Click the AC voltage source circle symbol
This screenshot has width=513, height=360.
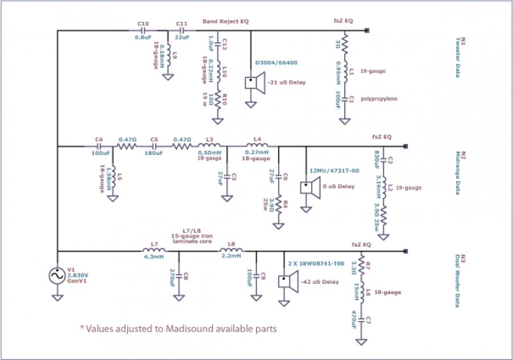(x=57, y=276)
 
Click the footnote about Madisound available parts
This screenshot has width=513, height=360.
(x=178, y=329)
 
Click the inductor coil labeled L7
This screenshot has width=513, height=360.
(x=154, y=251)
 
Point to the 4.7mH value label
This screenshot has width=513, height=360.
(x=154, y=257)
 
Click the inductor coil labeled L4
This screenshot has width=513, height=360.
(x=257, y=146)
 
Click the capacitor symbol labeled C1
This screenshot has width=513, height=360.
(x=99, y=146)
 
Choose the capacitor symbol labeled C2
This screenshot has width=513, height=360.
(x=153, y=146)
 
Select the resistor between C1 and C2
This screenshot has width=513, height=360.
(x=126, y=146)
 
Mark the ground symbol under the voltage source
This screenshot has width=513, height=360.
(x=57, y=297)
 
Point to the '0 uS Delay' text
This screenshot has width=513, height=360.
(x=339, y=186)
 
